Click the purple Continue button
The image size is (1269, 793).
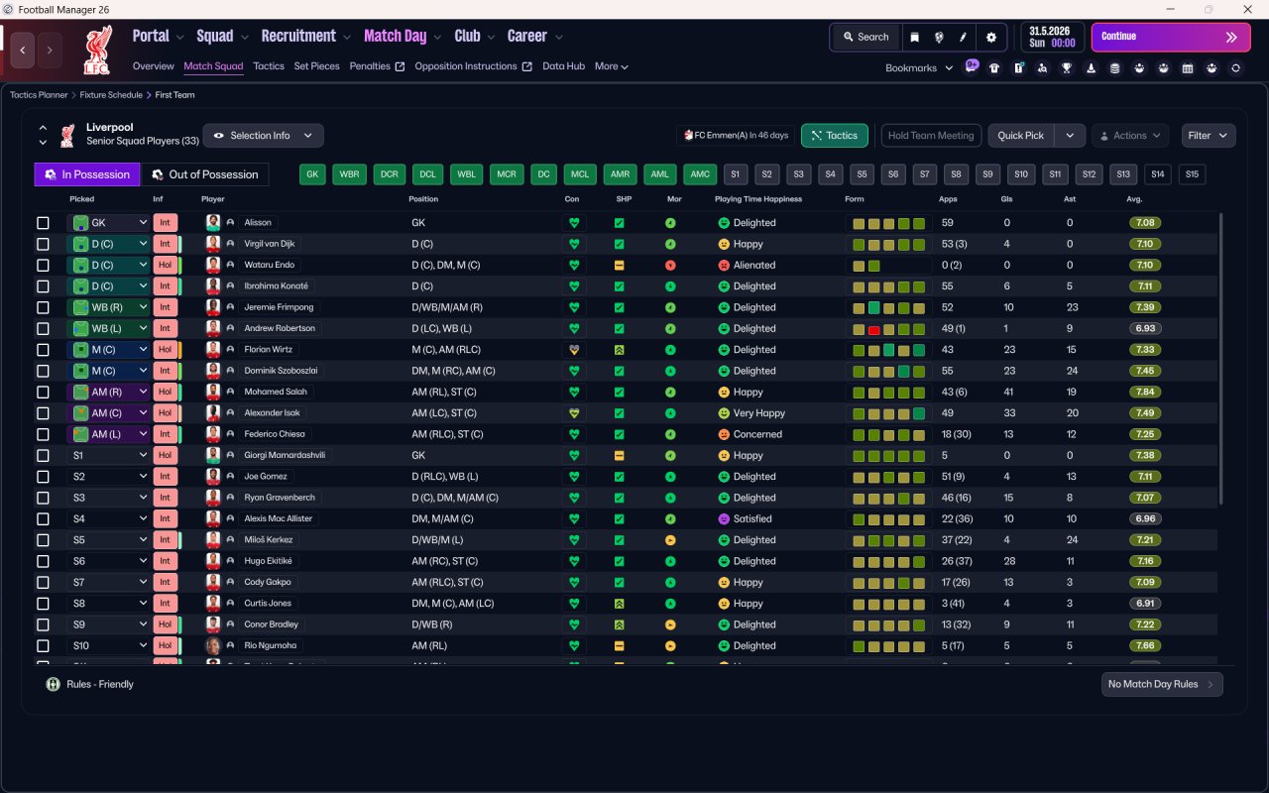tap(1171, 37)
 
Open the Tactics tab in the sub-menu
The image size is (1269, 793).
tap(269, 66)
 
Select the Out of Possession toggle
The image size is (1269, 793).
tap(204, 174)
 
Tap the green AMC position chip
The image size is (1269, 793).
tap(700, 174)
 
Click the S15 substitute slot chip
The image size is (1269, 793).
tap(1192, 174)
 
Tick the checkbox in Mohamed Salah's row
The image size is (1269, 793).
tap(43, 392)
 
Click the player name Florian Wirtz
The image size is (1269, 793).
tap(268, 350)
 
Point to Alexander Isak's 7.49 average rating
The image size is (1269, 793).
tap(1144, 413)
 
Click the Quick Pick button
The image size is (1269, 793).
tap(1020, 136)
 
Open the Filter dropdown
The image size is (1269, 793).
tap(1208, 136)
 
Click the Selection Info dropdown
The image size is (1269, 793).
tap(264, 136)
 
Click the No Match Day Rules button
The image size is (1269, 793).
tap(1161, 684)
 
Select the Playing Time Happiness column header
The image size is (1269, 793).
tap(758, 199)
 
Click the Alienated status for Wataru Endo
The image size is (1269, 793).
tap(754, 265)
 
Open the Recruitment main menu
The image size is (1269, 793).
tap(298, 37)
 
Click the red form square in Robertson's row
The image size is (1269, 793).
tap(873, 330)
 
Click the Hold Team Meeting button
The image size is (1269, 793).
tap(931, 136)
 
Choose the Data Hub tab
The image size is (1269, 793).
tap(563, 66)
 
